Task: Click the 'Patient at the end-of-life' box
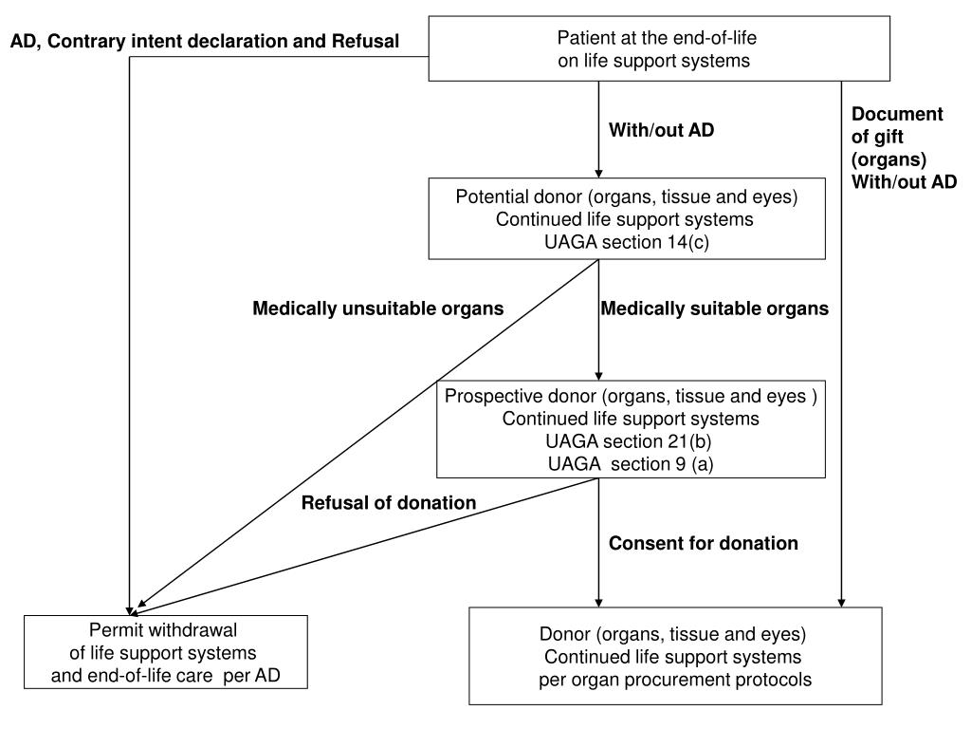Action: pyautogui.click(x=659, y=49)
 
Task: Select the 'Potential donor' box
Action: pyautogui.click(x=627, y=219)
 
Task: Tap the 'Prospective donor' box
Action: pyautogui.click(x=631, y=429)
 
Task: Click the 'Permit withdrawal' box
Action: pyautogui.click(x=166, y=652)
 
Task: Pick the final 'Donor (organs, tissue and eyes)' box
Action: pyautogui.click(x=675, y=656)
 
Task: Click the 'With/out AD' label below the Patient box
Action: pyautogui.click(x=661, y=129)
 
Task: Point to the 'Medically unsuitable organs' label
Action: pyautogui.click(x=377, y=308)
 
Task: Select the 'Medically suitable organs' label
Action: pyautogui.click(x=715, y=308)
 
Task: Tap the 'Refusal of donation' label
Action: pyautogui.click(x=389, y=503)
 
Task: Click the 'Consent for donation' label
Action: pyautogui.click(x=704, y=544)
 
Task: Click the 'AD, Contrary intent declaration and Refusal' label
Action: pyautogui.click(x=205, y=42)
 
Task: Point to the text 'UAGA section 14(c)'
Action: pyautogui.click(x=627, y=242)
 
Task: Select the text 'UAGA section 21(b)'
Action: pyautogui.click(x=629, y=441)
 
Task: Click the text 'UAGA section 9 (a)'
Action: pyautogui.click(x=631, y=463)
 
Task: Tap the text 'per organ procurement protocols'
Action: pyautogui.click(x=675, y=680)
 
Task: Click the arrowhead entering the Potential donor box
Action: pyautogui.click(x=599, y=173)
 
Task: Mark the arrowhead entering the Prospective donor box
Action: pyautogui.click(x=599, y=376)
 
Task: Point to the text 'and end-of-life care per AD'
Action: pyautogui.click(x=166, y=675)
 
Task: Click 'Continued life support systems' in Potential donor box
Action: pyautogui.click(x=625, y=219)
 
